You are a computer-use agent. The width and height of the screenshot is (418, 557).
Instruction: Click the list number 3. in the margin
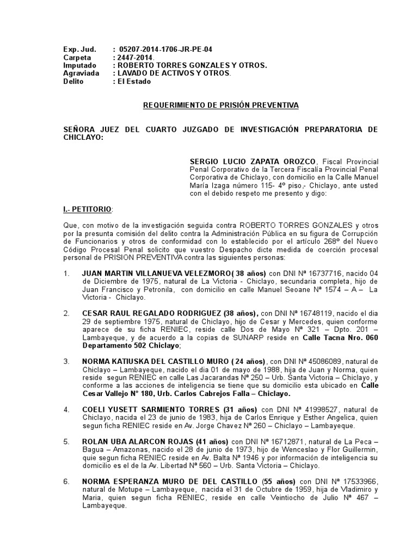tap(66, 361)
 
